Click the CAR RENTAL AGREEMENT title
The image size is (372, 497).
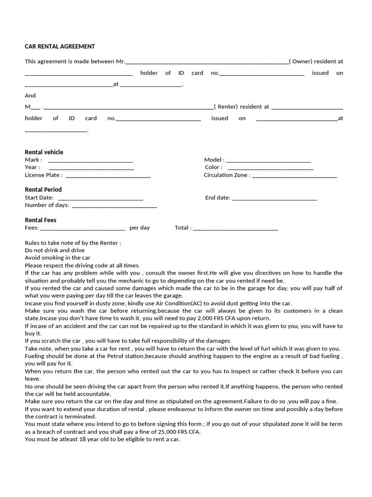[x=60, y=47]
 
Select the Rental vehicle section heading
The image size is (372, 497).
[x=44, y=152]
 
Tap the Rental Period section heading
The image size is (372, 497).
[x=43, y=189]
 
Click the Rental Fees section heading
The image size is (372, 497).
[x=41, y=220]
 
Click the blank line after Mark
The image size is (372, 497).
[x=91, y=160]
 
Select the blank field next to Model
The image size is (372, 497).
[x=269, y=160]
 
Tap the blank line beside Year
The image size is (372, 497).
[x=92, y=167]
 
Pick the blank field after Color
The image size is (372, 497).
[x=271, y=167]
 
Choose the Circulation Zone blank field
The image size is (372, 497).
[x=294, y=175]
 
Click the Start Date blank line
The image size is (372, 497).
[x=100, y=198]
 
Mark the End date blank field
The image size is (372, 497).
[x=275, y=198]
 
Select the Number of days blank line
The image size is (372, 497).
[x=114, y=205]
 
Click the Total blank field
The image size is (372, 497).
[x=235, y=228]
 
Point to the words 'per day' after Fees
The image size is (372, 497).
[x=139, y=228]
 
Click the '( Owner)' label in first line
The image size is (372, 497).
[x=303, y=62]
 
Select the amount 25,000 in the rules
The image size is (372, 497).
[x=158, y=431]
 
